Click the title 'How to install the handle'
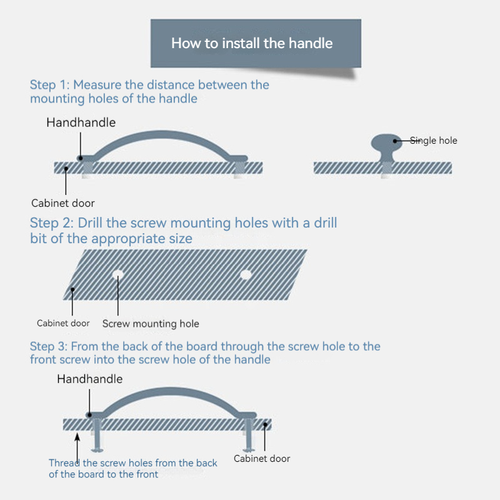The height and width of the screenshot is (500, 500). click(252, 43)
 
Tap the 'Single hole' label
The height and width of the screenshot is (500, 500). click(433, 141)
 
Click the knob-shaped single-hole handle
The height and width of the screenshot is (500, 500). click(386, 147)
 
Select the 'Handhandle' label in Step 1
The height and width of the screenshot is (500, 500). click(81, 122)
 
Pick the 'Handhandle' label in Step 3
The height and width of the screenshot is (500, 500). click(90, 379)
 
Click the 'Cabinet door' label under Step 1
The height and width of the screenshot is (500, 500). click(63, 203)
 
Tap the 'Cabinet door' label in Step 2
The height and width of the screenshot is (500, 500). click(63, 323)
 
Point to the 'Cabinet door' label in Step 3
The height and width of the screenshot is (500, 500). click(262, 459)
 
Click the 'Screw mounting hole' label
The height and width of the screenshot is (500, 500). click(151, 324)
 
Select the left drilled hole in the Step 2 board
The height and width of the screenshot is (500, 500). click(118, 274)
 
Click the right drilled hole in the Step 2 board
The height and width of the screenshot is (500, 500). click(246, 274)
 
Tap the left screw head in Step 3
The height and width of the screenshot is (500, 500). click(97, 450)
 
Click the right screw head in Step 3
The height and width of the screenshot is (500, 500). click(249, 450)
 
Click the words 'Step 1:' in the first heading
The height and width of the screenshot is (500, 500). click(50, 85)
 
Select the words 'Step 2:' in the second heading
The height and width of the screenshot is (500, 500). click(52, 223)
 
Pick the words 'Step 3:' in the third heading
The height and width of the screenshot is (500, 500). click(49, 346)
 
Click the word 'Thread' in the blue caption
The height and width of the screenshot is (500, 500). click(64, 463)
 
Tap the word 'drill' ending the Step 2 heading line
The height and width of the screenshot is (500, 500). click(326, 223)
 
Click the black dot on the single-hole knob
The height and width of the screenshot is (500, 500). click(395, 141)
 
